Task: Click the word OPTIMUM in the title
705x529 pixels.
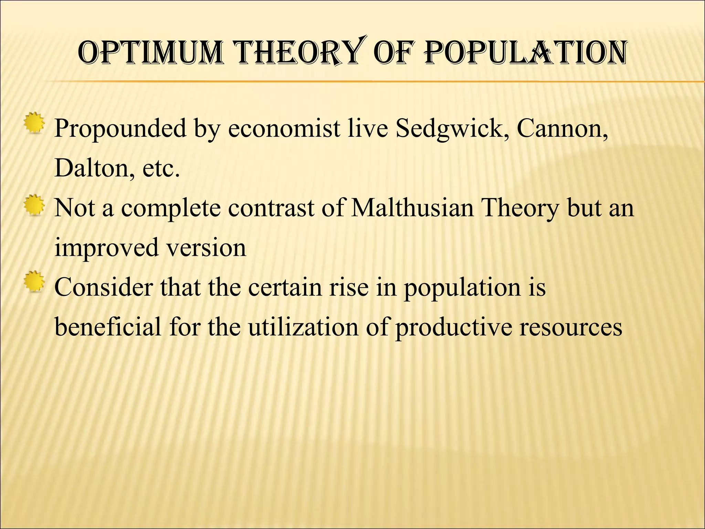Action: [x=150, y=53]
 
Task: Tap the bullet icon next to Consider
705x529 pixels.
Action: [x=34, y=282]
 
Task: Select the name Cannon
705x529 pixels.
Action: [x=562, y=128]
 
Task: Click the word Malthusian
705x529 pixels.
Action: [x=412, y=208]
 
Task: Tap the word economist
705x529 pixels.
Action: [x=284, y=128]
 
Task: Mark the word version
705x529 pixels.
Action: [x=207, y=247]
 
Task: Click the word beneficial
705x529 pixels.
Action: [x=108, y=326]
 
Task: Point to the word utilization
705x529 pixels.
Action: [x=303, y=326]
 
